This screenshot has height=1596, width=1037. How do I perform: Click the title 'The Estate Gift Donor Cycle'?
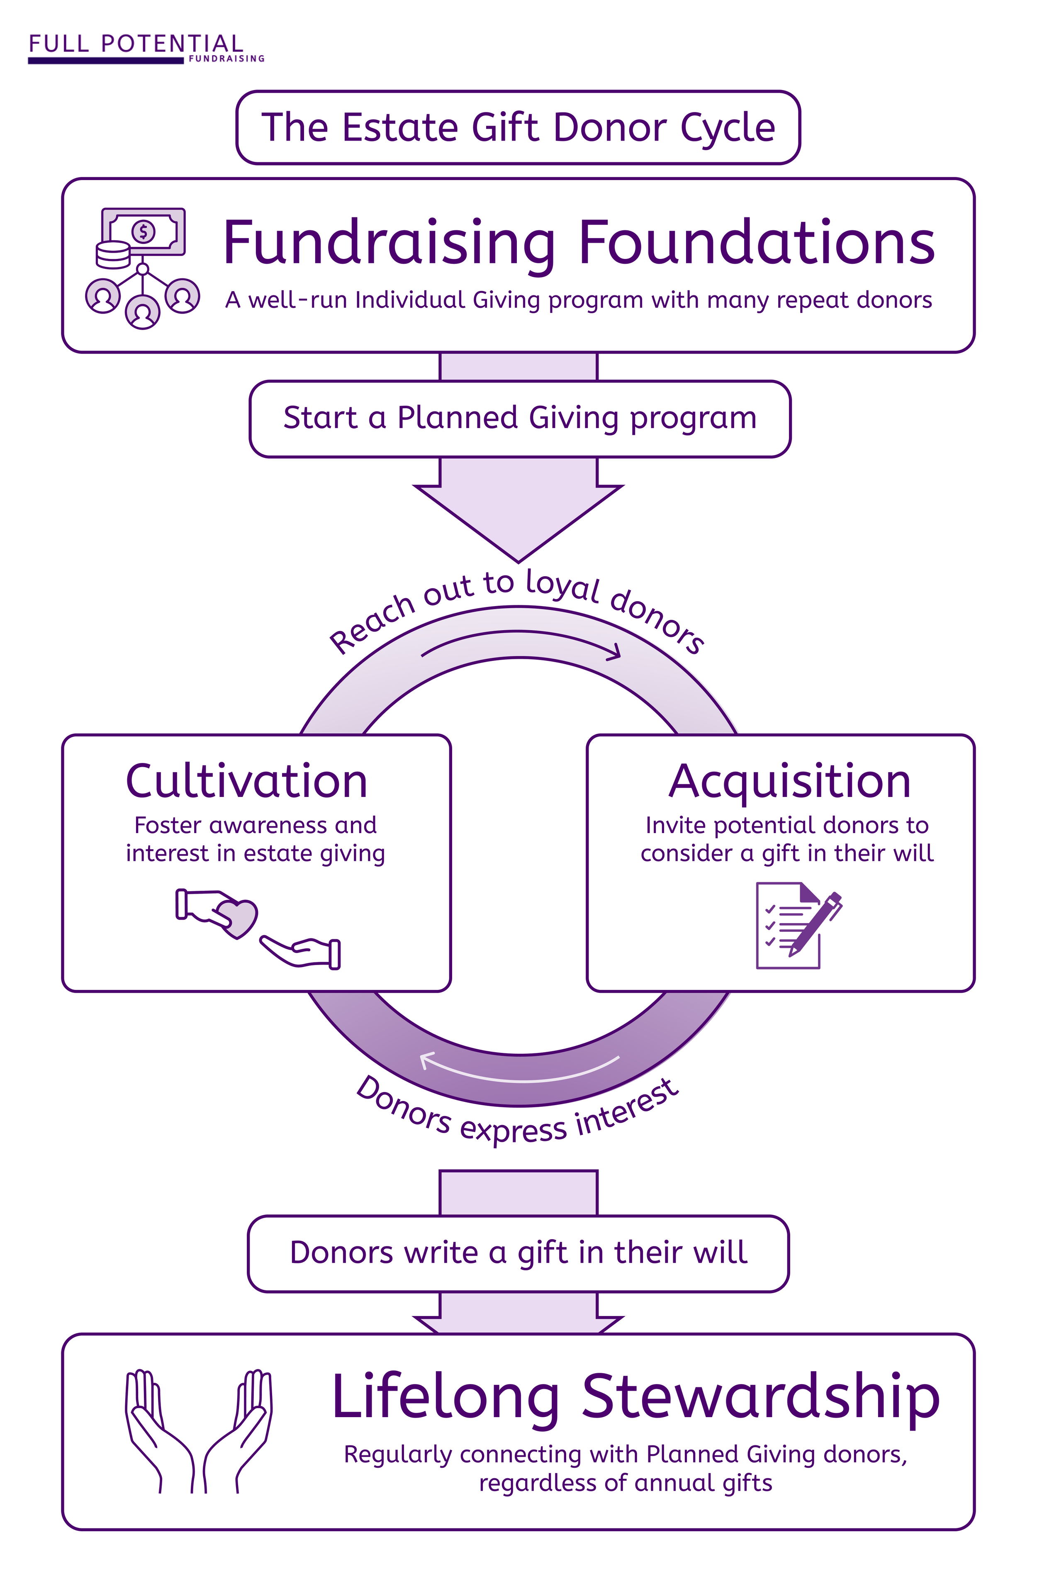518,127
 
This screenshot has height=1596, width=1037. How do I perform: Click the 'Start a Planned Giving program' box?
519,419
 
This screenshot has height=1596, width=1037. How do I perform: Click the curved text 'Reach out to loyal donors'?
516,604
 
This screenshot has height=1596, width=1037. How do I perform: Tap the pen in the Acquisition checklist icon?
816,922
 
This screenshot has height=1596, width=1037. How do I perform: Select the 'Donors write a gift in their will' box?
518,1252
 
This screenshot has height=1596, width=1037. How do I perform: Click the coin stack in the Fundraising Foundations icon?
112,255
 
